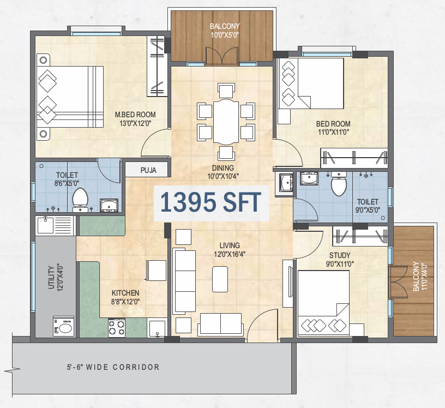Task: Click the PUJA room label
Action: tap(148, 170)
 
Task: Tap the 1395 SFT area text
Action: tap(211, 202)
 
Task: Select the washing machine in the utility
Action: tap(64, 326)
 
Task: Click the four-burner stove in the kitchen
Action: tap(116, 328)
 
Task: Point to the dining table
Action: tap(226, 122)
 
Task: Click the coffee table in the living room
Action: tap(220, 279)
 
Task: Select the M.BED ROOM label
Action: tap(135, 115)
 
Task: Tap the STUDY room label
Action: tap(340, 255)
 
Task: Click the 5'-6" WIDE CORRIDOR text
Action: tap(113, 367)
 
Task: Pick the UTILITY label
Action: tap(51, 278)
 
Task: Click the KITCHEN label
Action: tap(125, 293)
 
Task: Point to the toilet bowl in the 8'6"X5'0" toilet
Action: tap(80, 198)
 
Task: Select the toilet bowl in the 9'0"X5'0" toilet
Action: tap(339, 183)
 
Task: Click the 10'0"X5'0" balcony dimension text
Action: tap(225, 35)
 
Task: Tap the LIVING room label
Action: tap(230, 245)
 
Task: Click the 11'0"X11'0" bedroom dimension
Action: tap(333, 132)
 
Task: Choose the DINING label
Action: tap(223, 168)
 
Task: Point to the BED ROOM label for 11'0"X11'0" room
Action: tap(333, 124)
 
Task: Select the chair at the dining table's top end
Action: tap(226, 91)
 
